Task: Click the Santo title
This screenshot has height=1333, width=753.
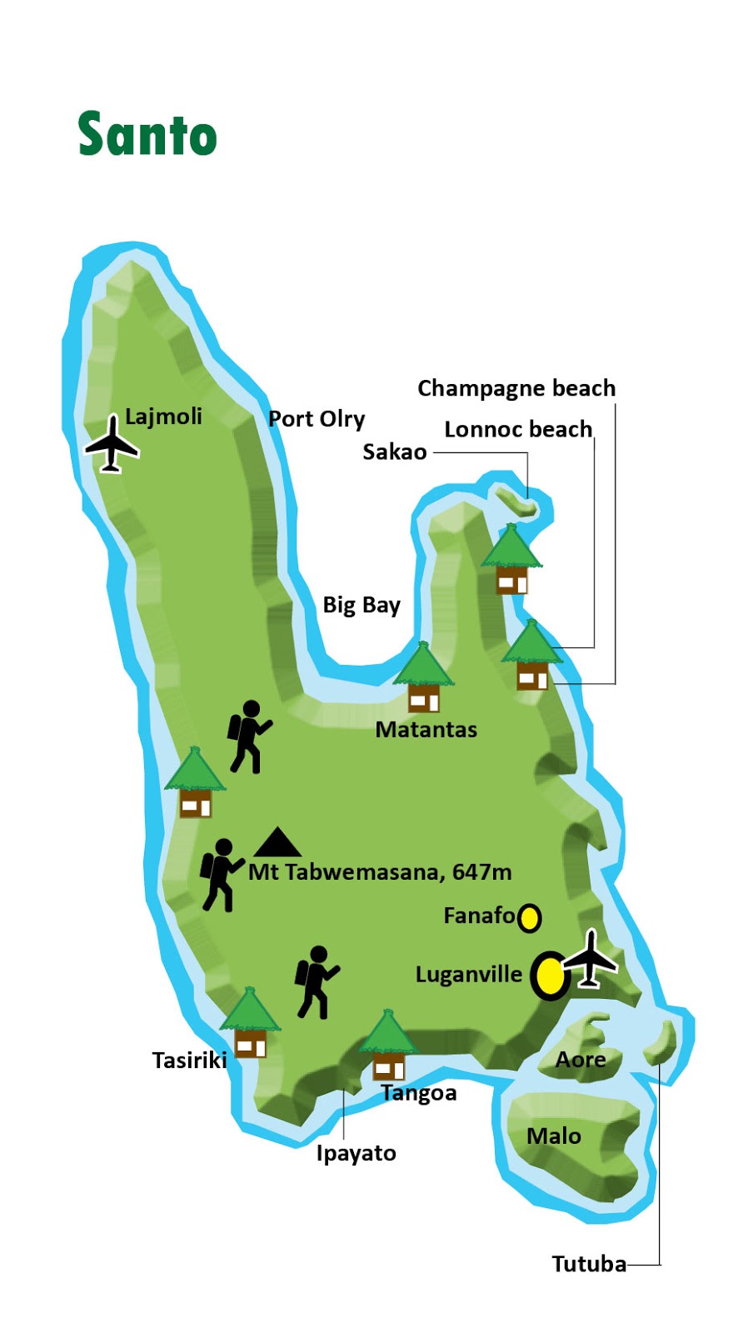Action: click(147, 135)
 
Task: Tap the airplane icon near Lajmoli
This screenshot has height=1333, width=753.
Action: click(112, 444)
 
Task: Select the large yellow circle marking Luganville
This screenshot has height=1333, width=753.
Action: click(550, 976)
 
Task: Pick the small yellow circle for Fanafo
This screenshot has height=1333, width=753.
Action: click(529, 918)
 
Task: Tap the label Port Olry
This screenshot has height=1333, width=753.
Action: click(317, 418)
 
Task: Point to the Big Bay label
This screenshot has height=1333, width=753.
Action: click(362, 605)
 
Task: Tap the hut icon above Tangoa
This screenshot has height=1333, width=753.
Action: click(387, 1046)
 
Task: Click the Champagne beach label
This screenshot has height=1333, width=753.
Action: click(516, 388)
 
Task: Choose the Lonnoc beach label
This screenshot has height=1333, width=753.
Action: click(518, 429)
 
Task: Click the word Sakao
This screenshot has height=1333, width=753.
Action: click(395, 452)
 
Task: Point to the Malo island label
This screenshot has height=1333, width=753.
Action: click(554, 1136)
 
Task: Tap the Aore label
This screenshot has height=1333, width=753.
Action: click(581, 1060)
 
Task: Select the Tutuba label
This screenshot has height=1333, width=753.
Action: click(589, 1264)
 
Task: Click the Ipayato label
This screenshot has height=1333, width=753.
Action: click(356, 1153)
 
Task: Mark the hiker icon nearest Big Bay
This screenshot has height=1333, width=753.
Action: click(248, 736)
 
